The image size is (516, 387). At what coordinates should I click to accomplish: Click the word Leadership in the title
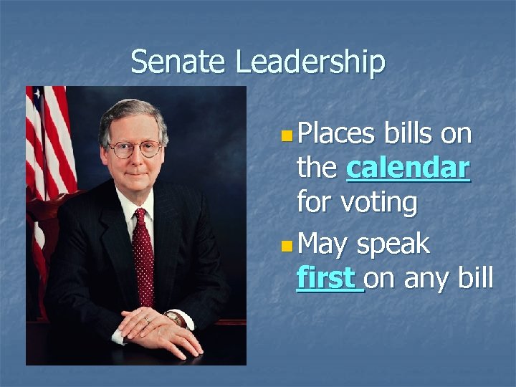click(310, 63)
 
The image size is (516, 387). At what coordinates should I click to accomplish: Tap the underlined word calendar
click(408, 168)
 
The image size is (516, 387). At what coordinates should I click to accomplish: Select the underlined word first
click(328, 277)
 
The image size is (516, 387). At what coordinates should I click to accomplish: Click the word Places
click(336, 134)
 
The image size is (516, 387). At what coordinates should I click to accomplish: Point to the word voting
click(379, 203)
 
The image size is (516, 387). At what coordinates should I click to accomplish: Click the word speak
click(393, 244)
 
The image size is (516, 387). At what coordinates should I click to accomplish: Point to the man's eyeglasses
click(135, 149)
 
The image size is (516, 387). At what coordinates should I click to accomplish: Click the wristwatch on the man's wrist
click(174, 318)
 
